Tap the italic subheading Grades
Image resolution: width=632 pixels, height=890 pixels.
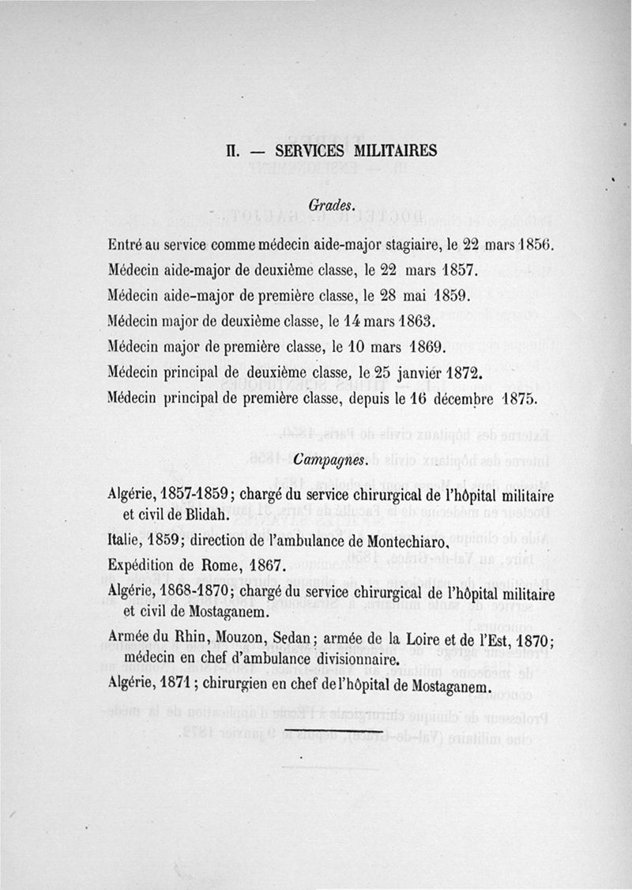[324, 205]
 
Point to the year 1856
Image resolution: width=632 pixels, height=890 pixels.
[536, 244]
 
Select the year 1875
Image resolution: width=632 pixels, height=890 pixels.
[521, 398]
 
